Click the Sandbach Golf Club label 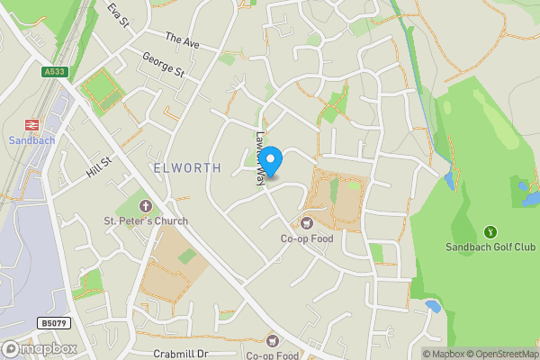tap(490, 247)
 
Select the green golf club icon tap(490, 231)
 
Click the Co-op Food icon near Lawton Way tap(307, 222)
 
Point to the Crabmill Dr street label tap(181, 354)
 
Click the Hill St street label tap(99, 167)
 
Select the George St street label tap(163, 65)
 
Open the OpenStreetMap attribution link tap(499, 354)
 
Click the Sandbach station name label tap(31, 140)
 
